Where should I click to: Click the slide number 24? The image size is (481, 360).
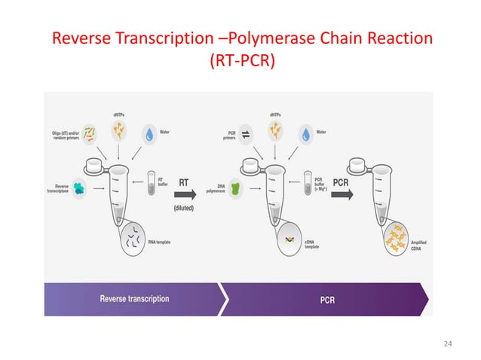(448, 344)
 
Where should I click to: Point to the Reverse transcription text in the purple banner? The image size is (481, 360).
(134, 298)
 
